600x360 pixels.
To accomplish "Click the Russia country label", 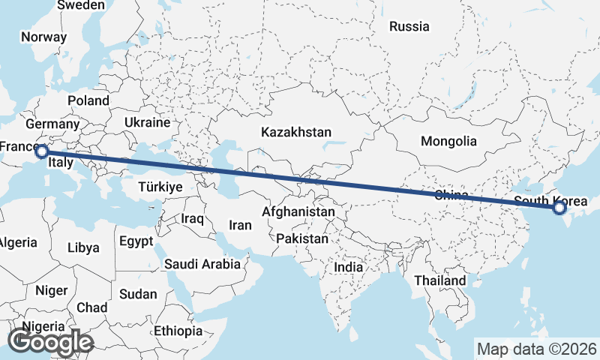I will point(409,27).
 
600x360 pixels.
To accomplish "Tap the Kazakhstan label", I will point(296,132).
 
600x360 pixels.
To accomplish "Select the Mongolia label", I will point(448,141).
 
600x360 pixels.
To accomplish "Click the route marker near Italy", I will point(42,152).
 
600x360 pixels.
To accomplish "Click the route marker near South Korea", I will point(559,208).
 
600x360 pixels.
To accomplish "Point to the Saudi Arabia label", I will point(202,264).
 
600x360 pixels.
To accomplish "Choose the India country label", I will point(348,267).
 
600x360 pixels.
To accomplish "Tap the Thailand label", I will point(442,280).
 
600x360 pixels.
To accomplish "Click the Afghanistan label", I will point(298,212).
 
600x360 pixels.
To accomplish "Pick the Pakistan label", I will point(302,239).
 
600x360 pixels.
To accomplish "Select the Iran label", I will point(240,224).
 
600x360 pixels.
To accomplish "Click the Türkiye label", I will point(160,187).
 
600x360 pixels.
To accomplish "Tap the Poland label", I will point(88,100).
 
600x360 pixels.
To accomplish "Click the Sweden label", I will point(81,5).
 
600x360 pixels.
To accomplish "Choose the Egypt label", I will point(136,241).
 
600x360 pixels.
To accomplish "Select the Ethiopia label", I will point(178,331).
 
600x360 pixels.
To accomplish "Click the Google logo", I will point(50,342).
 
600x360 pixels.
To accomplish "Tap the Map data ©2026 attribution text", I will point(537,349).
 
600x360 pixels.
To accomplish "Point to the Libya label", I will point(82,247).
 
